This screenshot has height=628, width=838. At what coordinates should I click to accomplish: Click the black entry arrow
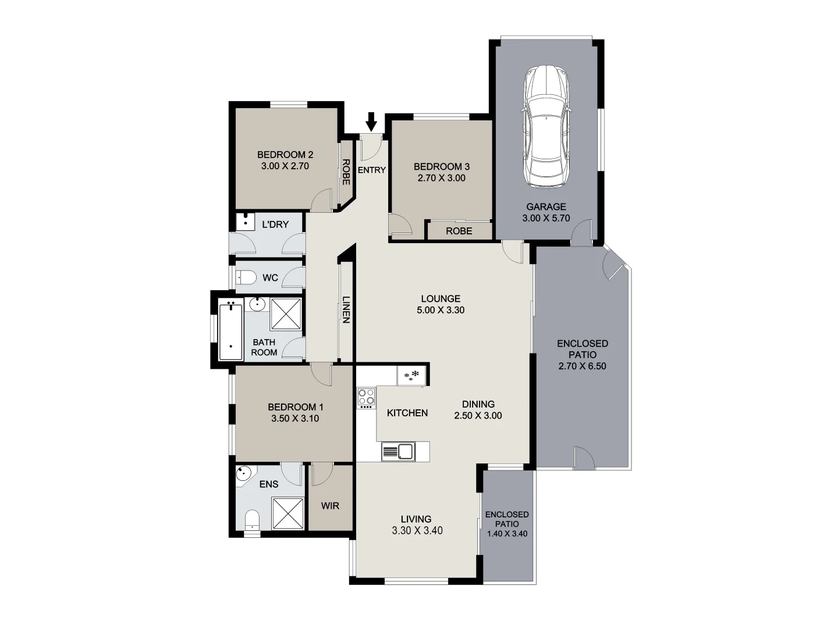click(x=371, y=122)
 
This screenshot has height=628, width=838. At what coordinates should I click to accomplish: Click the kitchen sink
click(x=398, y=451)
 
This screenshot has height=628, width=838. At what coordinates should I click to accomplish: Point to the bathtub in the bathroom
click(x=230, y=331)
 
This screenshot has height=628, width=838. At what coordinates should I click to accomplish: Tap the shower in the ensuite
click(x=287, y=513)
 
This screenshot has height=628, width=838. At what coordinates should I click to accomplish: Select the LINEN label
click(x=346, y=309)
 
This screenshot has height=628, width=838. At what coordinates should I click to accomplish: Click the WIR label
click(x=330, y=505)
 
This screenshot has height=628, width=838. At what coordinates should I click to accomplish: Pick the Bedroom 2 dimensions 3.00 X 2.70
click(x=285, y=166)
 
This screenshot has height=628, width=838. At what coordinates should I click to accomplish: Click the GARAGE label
click(x=546, y=206)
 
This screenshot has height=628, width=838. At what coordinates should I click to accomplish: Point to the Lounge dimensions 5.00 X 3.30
click(x=441, y=310)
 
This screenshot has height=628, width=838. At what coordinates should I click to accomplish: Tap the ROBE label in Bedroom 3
click(x=459, y=231)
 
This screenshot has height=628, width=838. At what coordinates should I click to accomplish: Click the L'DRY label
click(x=275, y=224)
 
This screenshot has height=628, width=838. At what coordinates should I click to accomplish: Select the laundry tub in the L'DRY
click(x=245, y=222)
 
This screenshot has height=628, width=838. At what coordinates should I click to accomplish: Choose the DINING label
click(x=478, y=404)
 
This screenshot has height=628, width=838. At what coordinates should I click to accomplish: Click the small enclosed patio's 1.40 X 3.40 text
click(x=507, y=533)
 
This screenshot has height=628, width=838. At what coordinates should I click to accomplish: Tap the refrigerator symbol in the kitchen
click(x=413, y=375)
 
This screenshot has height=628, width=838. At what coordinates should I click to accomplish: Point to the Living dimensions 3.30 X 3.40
click(x=417, y=530)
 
